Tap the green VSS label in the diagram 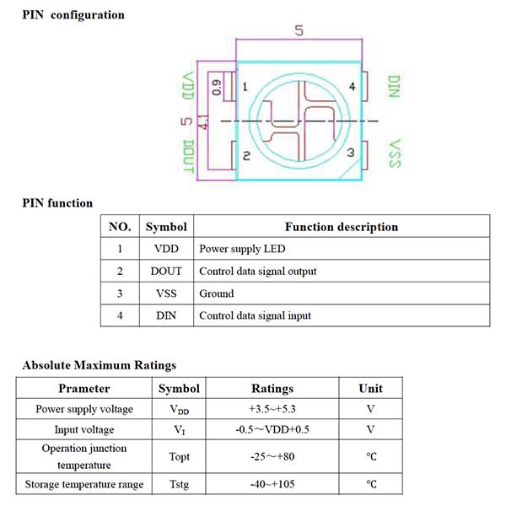coord(393,153)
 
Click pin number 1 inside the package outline coord(245,87)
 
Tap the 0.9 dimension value coord(216,86)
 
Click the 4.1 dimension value coord(202,123)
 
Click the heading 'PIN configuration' coord(73,14)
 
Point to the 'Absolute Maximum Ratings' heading coord(100,365)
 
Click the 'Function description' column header coord(341,227)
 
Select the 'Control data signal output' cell coord(257,271)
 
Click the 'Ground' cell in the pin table coord(217,293)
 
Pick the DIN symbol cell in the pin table coord(166,315)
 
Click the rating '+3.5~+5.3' coord(272,410)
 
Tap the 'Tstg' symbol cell coord(179,484)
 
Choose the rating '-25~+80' coord(272,456)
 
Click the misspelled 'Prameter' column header coord(83,388)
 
